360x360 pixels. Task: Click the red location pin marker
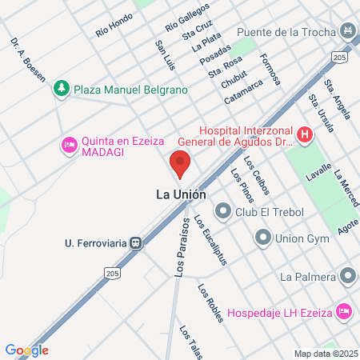point(180,166)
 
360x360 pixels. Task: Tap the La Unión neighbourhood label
point(180,194)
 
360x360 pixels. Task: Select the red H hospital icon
point(304,135)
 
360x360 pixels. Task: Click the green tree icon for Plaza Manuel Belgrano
point(62,90)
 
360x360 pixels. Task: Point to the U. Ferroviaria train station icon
point(137,242)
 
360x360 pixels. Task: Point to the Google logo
point(26,350)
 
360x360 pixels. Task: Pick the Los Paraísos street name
point(181,248)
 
